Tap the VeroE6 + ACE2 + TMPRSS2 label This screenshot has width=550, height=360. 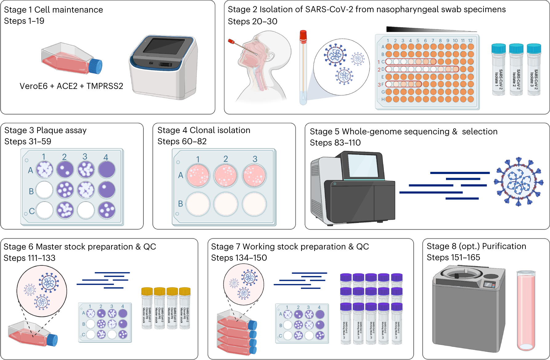click(71, 86)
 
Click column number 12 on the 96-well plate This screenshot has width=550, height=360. click(470, 41)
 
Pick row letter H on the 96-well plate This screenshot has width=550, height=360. click(383, 99)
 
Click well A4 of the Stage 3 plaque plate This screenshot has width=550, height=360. click(107, 170)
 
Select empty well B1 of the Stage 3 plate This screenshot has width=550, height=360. click(45, 190)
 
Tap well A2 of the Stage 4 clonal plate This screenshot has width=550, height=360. click(226, 176)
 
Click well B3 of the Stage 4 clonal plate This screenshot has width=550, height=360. click(254, 204)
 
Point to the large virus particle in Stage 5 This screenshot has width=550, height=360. click(519, 182)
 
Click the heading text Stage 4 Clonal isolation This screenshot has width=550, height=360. click(204, 130)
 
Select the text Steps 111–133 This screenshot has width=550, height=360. click(30, 258)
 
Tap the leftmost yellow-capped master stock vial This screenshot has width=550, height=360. click(147, 308)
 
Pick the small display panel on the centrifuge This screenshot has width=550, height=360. click(489, 285)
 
